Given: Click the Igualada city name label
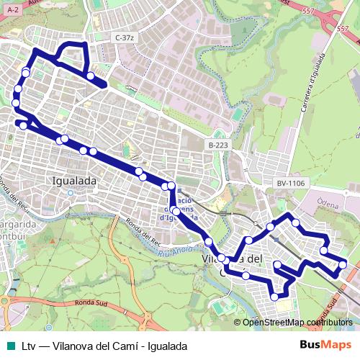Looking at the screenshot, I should (x=75, y=181).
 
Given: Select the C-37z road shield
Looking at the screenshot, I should (x=125, y=37).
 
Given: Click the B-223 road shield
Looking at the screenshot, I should (x=218, y=145).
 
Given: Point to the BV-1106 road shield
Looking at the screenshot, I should (x=291, y=183).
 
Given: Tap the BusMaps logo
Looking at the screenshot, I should (x=325, y=346).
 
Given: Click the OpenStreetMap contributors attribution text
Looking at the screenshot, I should (x=297, y=323).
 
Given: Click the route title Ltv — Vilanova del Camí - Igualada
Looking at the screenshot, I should (x=104, y=346).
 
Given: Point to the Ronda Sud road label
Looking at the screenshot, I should (x=86, y=303).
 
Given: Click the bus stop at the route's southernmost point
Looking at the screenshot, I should (x=274, y=297).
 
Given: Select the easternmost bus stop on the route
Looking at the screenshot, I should (x=343, y=264).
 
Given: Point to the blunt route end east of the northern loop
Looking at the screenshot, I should (x=104, y=85).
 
